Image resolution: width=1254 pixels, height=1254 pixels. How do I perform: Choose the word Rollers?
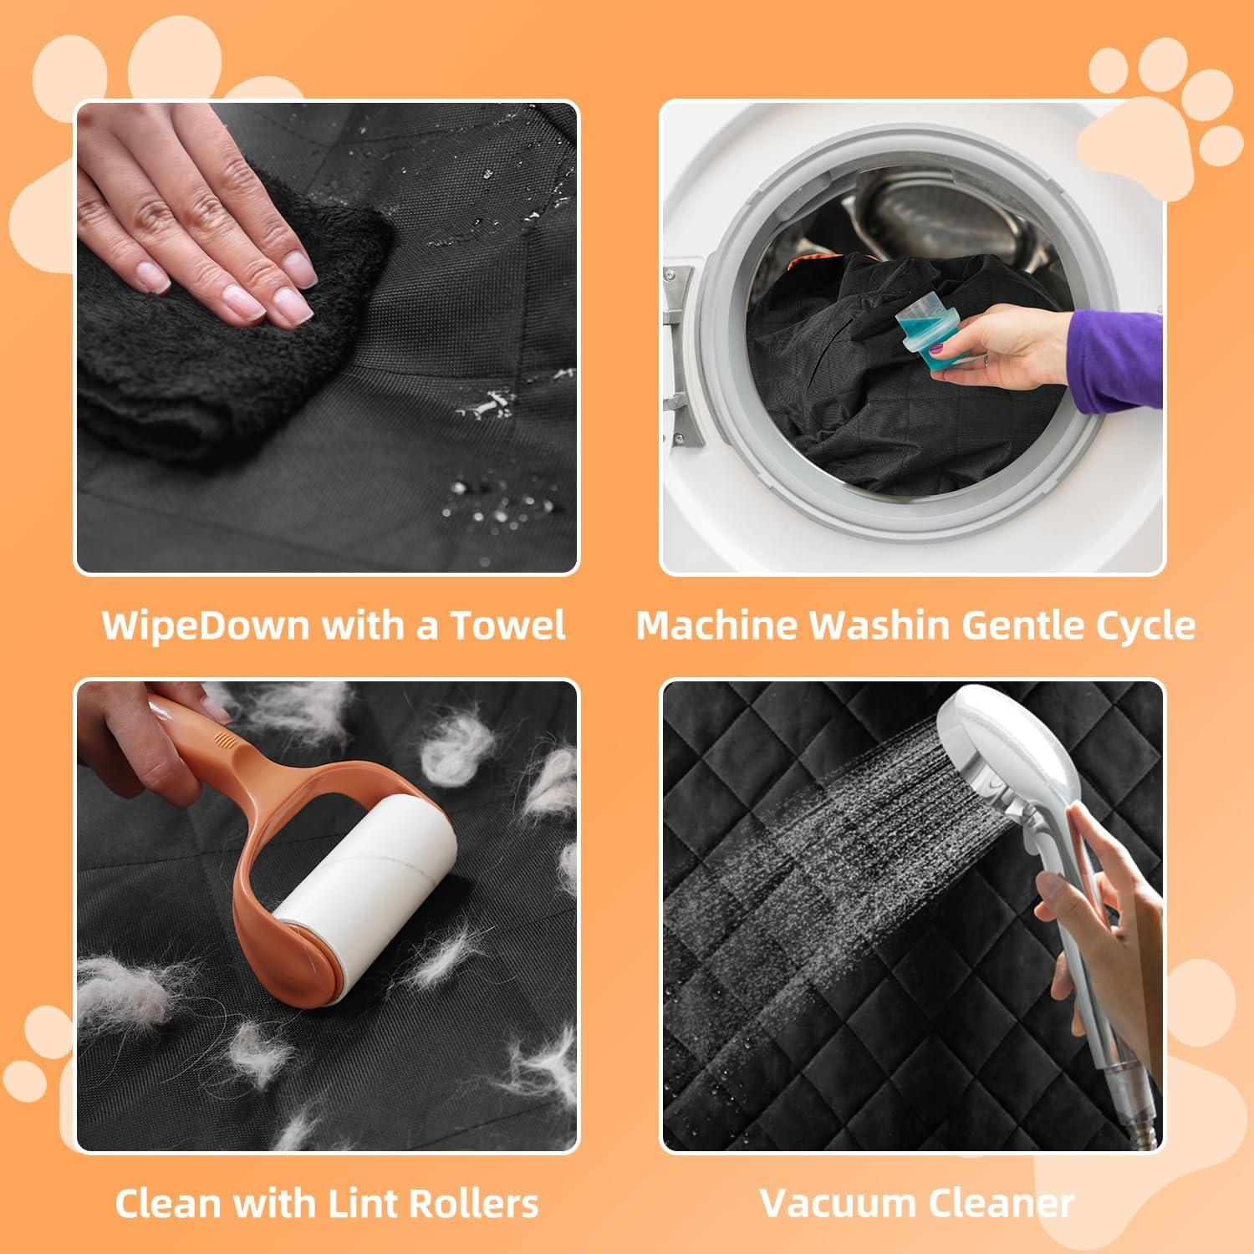(480, 1204)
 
